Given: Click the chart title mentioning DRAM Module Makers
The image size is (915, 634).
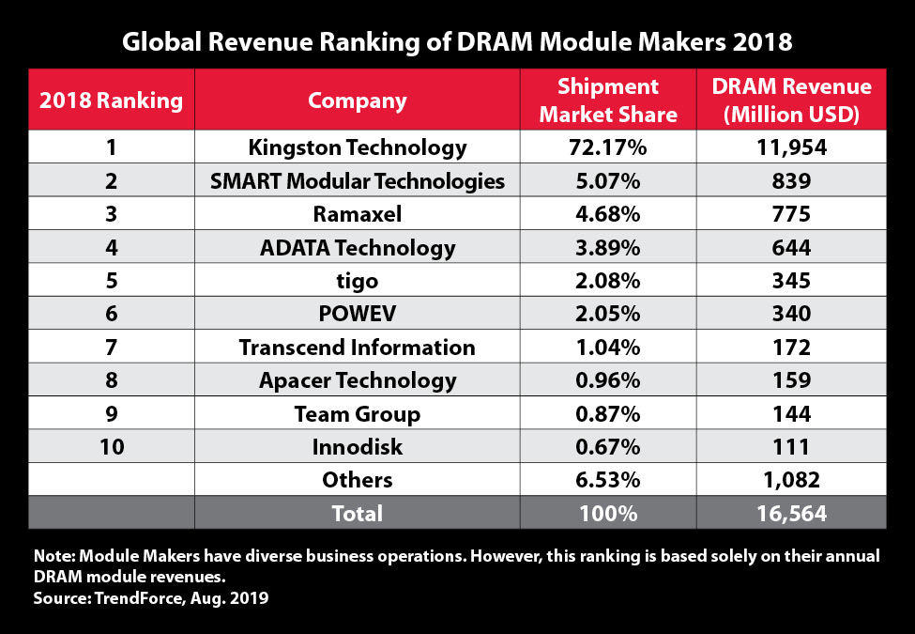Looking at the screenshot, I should [x=457, y=42].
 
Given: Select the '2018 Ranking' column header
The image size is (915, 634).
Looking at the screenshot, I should [x=111, y=101].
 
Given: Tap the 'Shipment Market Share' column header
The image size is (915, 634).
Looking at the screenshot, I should [x=608, y=101].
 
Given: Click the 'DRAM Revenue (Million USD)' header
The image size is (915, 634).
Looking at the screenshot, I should [x=791, y=101].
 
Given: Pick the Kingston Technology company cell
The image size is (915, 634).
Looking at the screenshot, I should [x=357, y=147].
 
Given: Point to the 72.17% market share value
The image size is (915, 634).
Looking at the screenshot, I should [x=608, y=147].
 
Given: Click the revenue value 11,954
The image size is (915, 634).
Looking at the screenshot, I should [x=791, y=147].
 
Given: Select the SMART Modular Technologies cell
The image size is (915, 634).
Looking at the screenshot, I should [x=357, y=180].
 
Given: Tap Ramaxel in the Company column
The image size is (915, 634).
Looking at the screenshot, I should [x=357, y=214].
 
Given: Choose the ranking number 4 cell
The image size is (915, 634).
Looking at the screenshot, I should [x=111, y=248].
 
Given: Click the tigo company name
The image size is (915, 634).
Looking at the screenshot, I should [x=357, y=281].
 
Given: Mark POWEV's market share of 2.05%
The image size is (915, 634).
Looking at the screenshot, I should [x=608, y=314].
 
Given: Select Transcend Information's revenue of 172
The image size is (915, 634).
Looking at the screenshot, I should [x=791, y=348].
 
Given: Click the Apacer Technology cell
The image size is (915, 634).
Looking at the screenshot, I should [x=357, y=380].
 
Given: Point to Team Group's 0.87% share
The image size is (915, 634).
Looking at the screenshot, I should [x=608, y=413].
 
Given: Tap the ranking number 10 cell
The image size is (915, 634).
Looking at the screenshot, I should [x=111, y=447].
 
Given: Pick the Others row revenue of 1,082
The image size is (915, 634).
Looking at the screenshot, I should [x=791, y=480].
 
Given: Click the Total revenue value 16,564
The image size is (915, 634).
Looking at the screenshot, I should [x=791, y=514].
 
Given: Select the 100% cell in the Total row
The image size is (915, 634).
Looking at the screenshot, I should [x=608, y=514].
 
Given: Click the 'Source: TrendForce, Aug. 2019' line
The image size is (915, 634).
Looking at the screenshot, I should [x=151, y=598].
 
